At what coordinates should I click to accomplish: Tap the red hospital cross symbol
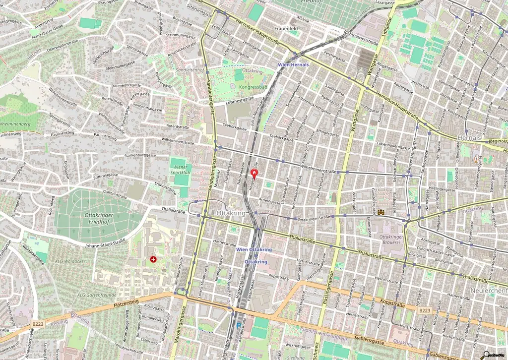point(153,259)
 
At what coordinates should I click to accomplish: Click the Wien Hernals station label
point(293,64)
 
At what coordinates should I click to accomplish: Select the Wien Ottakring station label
point(254,249)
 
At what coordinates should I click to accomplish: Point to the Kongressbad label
point(253,87)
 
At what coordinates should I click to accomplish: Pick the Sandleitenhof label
point(190,70)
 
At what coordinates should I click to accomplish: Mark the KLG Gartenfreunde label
point(96,295)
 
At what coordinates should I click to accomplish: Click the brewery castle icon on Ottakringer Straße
point(381,212)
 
